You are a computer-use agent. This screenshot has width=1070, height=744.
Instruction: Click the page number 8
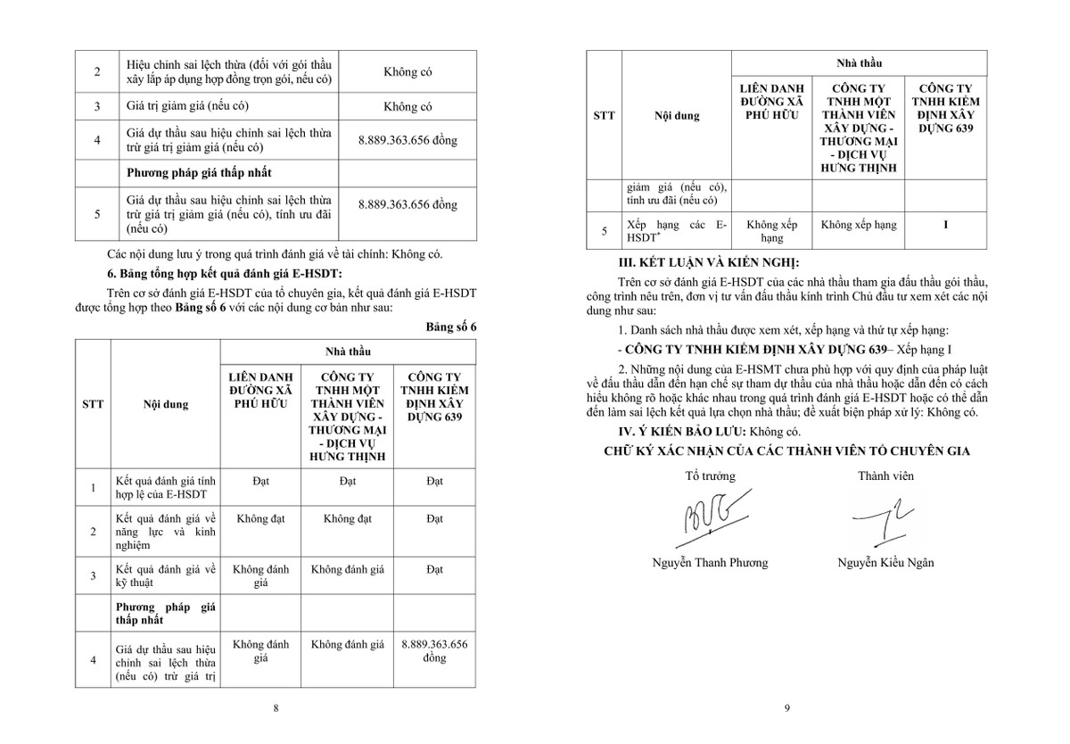click(276, 708)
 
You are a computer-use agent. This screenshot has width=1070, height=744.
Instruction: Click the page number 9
click(787, 708)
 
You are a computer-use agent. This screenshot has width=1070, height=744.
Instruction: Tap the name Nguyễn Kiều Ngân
click(885, 562)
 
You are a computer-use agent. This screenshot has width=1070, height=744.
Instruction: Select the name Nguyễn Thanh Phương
click(710, 562)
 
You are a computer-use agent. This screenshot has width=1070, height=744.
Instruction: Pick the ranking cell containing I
click(945, 226)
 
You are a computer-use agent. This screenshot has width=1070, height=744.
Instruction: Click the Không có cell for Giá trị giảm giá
click(407, 106)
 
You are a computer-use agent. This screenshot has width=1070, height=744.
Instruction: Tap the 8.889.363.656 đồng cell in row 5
click(407, 204)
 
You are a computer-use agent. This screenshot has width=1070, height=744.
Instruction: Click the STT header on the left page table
click(93, 403)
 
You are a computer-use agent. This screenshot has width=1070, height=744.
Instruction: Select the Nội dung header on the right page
click(676, 115)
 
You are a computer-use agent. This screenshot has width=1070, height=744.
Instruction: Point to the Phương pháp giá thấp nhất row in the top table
click(199, 171)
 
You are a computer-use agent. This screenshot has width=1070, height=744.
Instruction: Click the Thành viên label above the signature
click(885, 475)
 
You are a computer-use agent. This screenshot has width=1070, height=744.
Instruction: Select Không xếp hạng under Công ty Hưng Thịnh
click(859, 226)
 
